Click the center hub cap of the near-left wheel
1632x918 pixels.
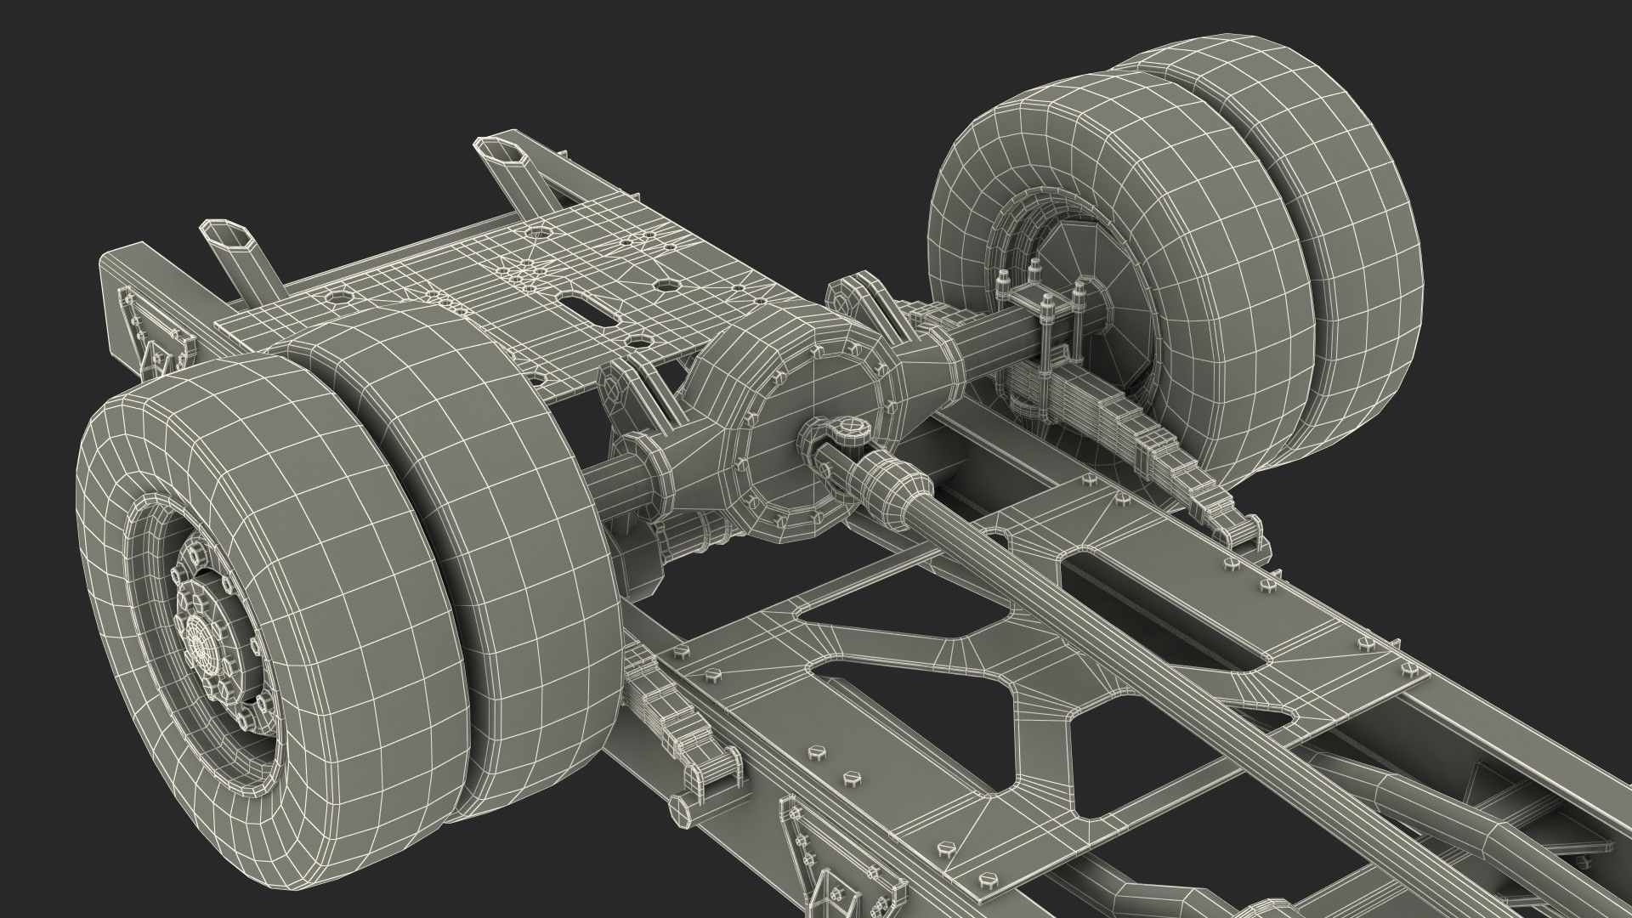click(x=199, y=633)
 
